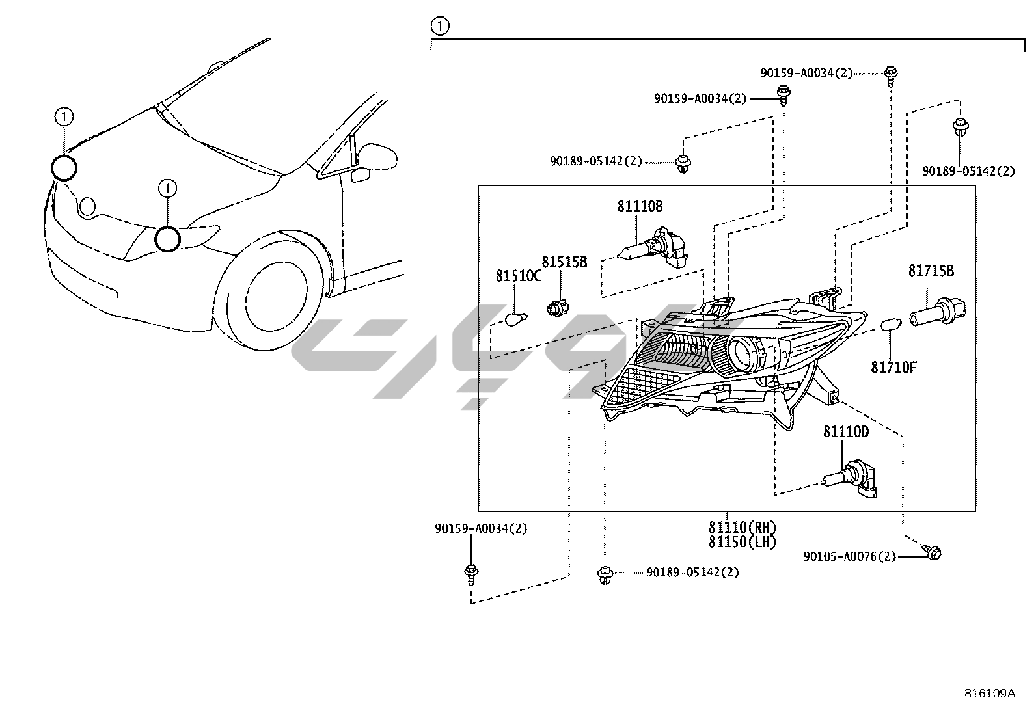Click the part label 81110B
pyautogui.click(x=640, y=207)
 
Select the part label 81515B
pyautogui.click(x=564, y=262)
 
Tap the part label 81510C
pyautogui.click(x=518, y=276)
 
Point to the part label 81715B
pyautogui.click(x=931, y=271)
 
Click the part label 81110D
pyautogui.click(x=845, y=432)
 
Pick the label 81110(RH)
pyautogui.click(x=742, y=528)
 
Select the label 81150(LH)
pyautogui.click(x=742, y=542)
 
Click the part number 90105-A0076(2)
pyautogui.click(x=849, y=557)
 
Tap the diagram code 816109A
pyautogui.click(x=989, y=694)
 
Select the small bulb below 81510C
pyautogui.click(x=516, y=319)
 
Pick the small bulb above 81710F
pyautogui.click(x=890, y=324)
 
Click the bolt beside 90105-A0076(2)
pyautogui.click(x=933, y=553)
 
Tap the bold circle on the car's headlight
pyautogui.click(x=167, y=239)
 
